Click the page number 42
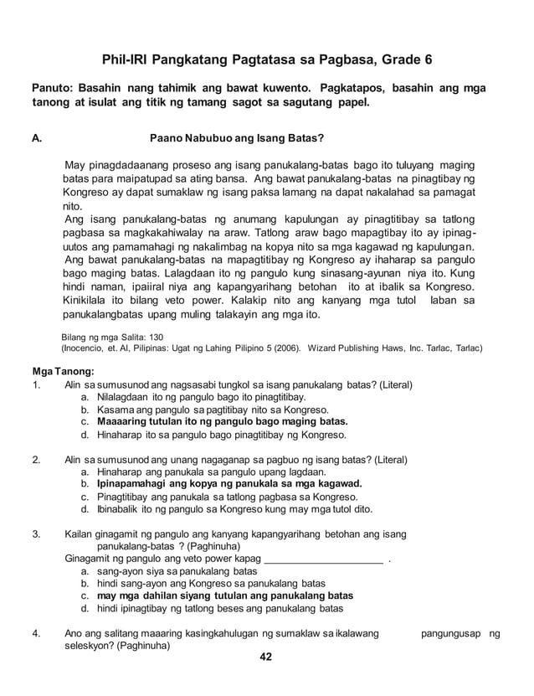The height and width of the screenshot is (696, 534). click(266, 656)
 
